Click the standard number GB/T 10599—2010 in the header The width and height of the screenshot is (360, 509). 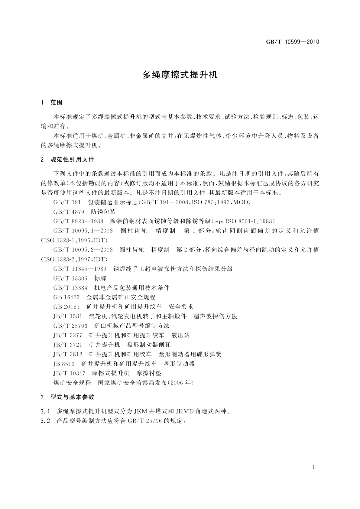(292, 42)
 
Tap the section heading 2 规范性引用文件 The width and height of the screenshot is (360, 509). (67, 159)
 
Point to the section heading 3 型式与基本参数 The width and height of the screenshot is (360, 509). (67, 397)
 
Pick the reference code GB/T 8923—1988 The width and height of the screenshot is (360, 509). (78, 221)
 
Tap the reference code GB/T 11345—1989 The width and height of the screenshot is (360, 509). (79, 269)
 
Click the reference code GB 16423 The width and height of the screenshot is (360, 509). (66, 297)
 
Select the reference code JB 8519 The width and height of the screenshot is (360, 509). (64, 364)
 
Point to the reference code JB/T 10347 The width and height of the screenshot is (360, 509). (69, 373)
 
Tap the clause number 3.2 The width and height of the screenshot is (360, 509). (45, 421)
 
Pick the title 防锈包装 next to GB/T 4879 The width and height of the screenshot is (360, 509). (103, 212)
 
